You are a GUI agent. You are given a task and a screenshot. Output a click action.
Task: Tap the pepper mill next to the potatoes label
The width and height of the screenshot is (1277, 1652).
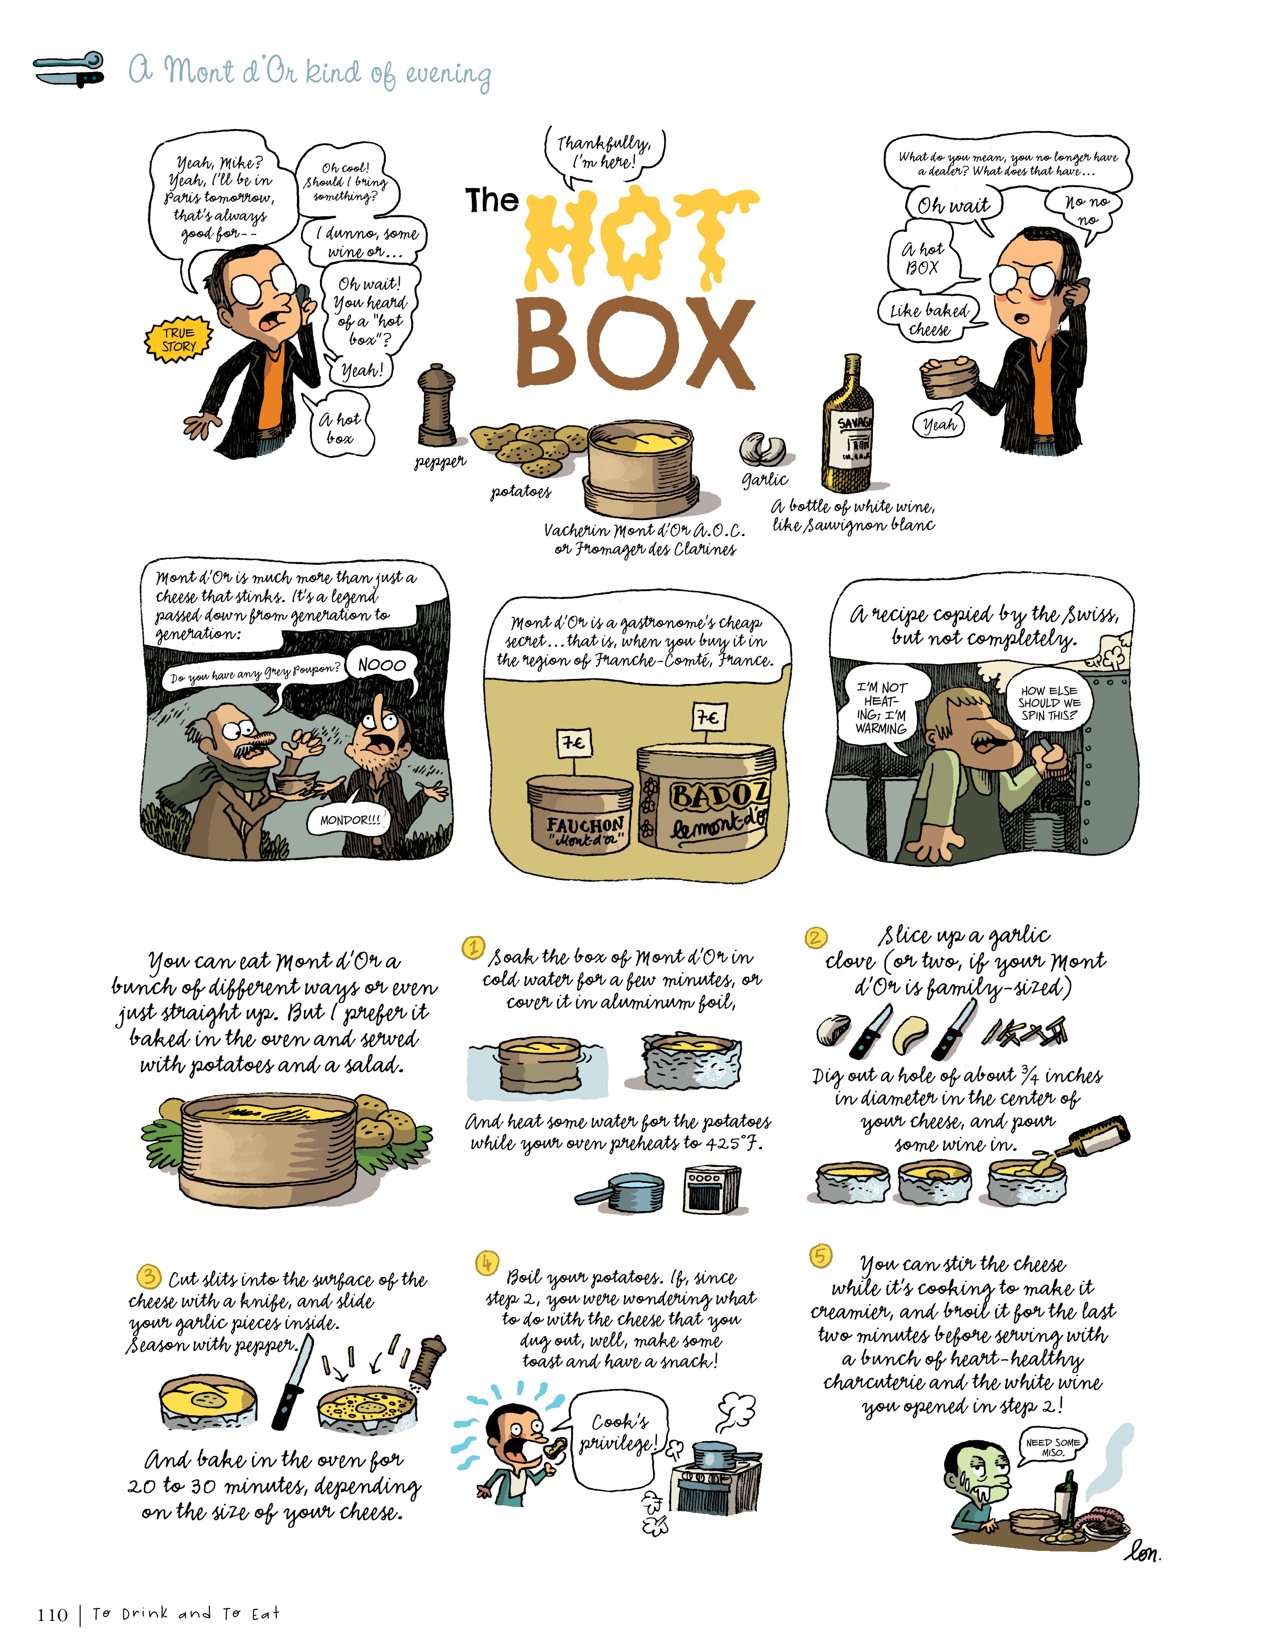click(437, 406)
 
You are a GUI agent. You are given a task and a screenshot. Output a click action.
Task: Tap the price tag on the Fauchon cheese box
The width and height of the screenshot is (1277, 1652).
click(573, 743)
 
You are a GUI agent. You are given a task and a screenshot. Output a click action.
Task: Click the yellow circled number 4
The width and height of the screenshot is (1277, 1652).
click(486, 1263)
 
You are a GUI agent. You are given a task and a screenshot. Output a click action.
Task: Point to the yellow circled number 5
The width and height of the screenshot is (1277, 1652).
click(821, 1256)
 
